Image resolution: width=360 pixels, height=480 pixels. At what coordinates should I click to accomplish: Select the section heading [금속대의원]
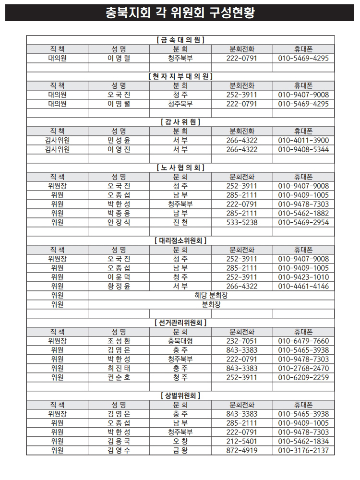tap(180, 40)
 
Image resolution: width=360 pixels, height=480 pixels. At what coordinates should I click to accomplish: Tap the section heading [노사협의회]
tap(180, 168)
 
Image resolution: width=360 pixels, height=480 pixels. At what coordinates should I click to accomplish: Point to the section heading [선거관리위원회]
tap(180, 323)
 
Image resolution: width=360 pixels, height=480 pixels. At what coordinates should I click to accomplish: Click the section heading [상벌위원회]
tap(180, 396)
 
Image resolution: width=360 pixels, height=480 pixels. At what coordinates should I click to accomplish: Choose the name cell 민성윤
tap(119, 140)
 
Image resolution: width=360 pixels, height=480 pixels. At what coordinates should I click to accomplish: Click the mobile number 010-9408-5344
tap(303, 149)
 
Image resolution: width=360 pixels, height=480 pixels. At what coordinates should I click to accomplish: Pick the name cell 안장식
tap(119, 222)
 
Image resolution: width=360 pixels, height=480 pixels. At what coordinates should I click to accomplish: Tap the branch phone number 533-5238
tap(241, 222)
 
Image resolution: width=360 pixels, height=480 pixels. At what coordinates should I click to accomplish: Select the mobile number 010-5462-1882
tap(303, 213)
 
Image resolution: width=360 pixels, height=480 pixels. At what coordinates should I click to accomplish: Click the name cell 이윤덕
tap(119, 277)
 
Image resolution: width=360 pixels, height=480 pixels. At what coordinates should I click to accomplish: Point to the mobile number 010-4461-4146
tap(303, 286)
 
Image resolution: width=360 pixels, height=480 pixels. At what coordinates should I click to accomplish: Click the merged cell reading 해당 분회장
tap(211, 295)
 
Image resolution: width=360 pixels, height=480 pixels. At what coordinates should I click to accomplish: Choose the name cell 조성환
tap(119, 341)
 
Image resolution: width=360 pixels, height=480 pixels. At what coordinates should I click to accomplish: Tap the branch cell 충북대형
tap(180, 341)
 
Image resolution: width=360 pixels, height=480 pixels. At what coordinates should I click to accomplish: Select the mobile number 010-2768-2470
tap(303, 368)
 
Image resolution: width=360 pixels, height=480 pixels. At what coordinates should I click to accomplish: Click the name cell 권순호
tap(119, 377)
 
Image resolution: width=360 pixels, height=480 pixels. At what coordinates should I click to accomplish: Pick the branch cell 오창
tap(180, 441)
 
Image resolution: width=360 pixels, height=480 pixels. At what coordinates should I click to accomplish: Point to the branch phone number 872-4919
tap(241, 450)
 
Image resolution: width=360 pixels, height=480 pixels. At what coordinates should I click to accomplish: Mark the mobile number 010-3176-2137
tap(303, 450)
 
